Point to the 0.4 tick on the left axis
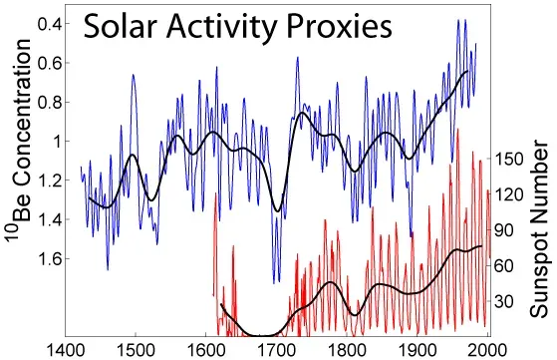pos(52,23)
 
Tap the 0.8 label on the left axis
pos(52,102)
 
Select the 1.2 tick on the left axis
pos(52,180)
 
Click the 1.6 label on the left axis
pos(52,259)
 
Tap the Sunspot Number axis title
pos(539,230)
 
